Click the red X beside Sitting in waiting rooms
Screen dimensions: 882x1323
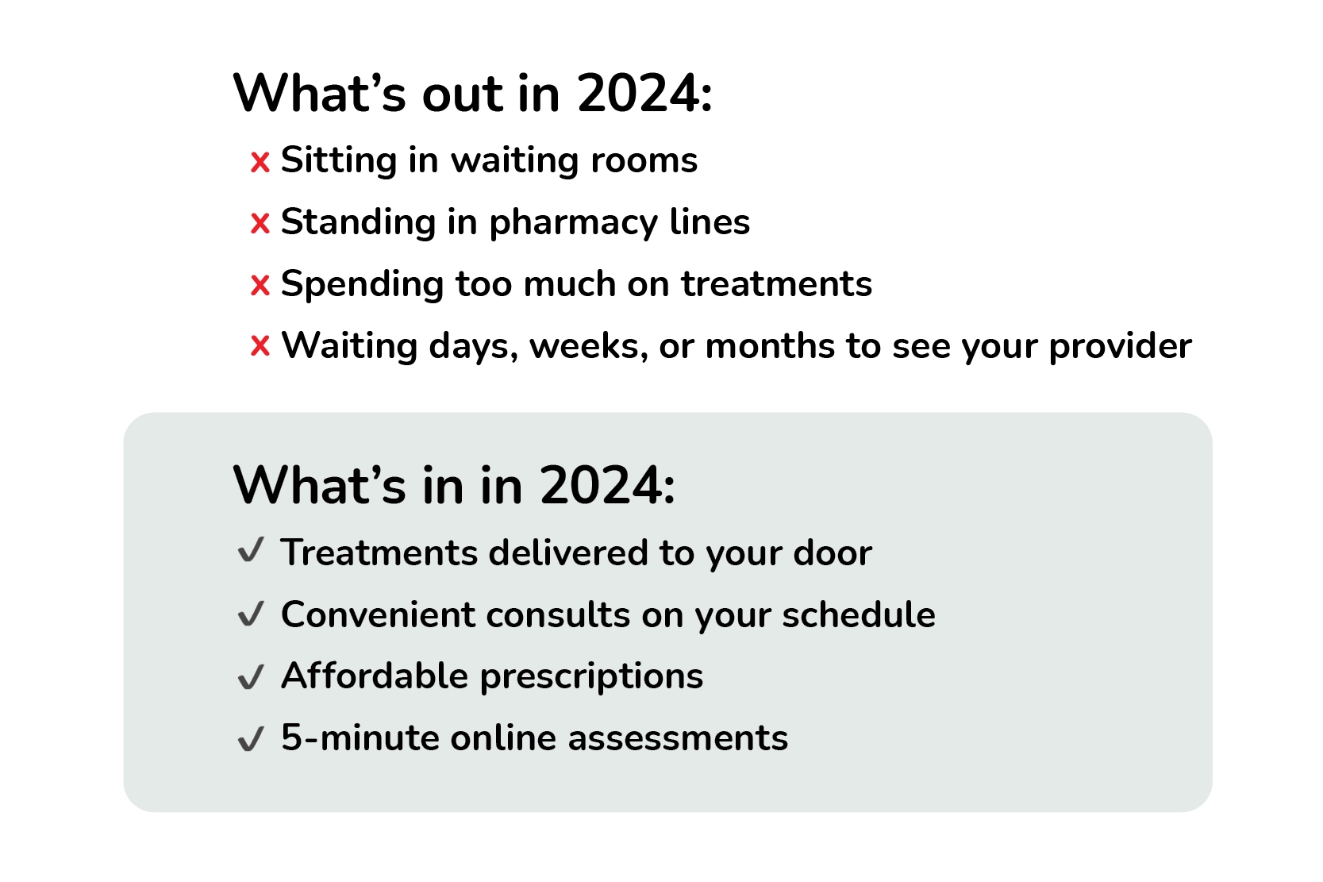(x=260, y=163)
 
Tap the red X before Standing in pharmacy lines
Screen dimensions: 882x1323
(x=260, y=224)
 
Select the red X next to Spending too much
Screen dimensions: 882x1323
(x=260, y=286)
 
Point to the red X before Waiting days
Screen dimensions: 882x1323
(x=260, y=347)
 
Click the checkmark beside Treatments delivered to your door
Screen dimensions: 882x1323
(x=251, y=550)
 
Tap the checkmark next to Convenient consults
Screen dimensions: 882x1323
(x=251, y=614)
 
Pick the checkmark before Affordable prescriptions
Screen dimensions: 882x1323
(x=251, y=676)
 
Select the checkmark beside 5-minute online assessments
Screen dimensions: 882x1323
(x=251, y=738)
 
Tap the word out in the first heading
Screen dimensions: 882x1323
(x=463, y=94)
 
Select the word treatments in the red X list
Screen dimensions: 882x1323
(x=776, y=284)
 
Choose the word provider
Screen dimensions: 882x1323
(x=1120, y=347)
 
